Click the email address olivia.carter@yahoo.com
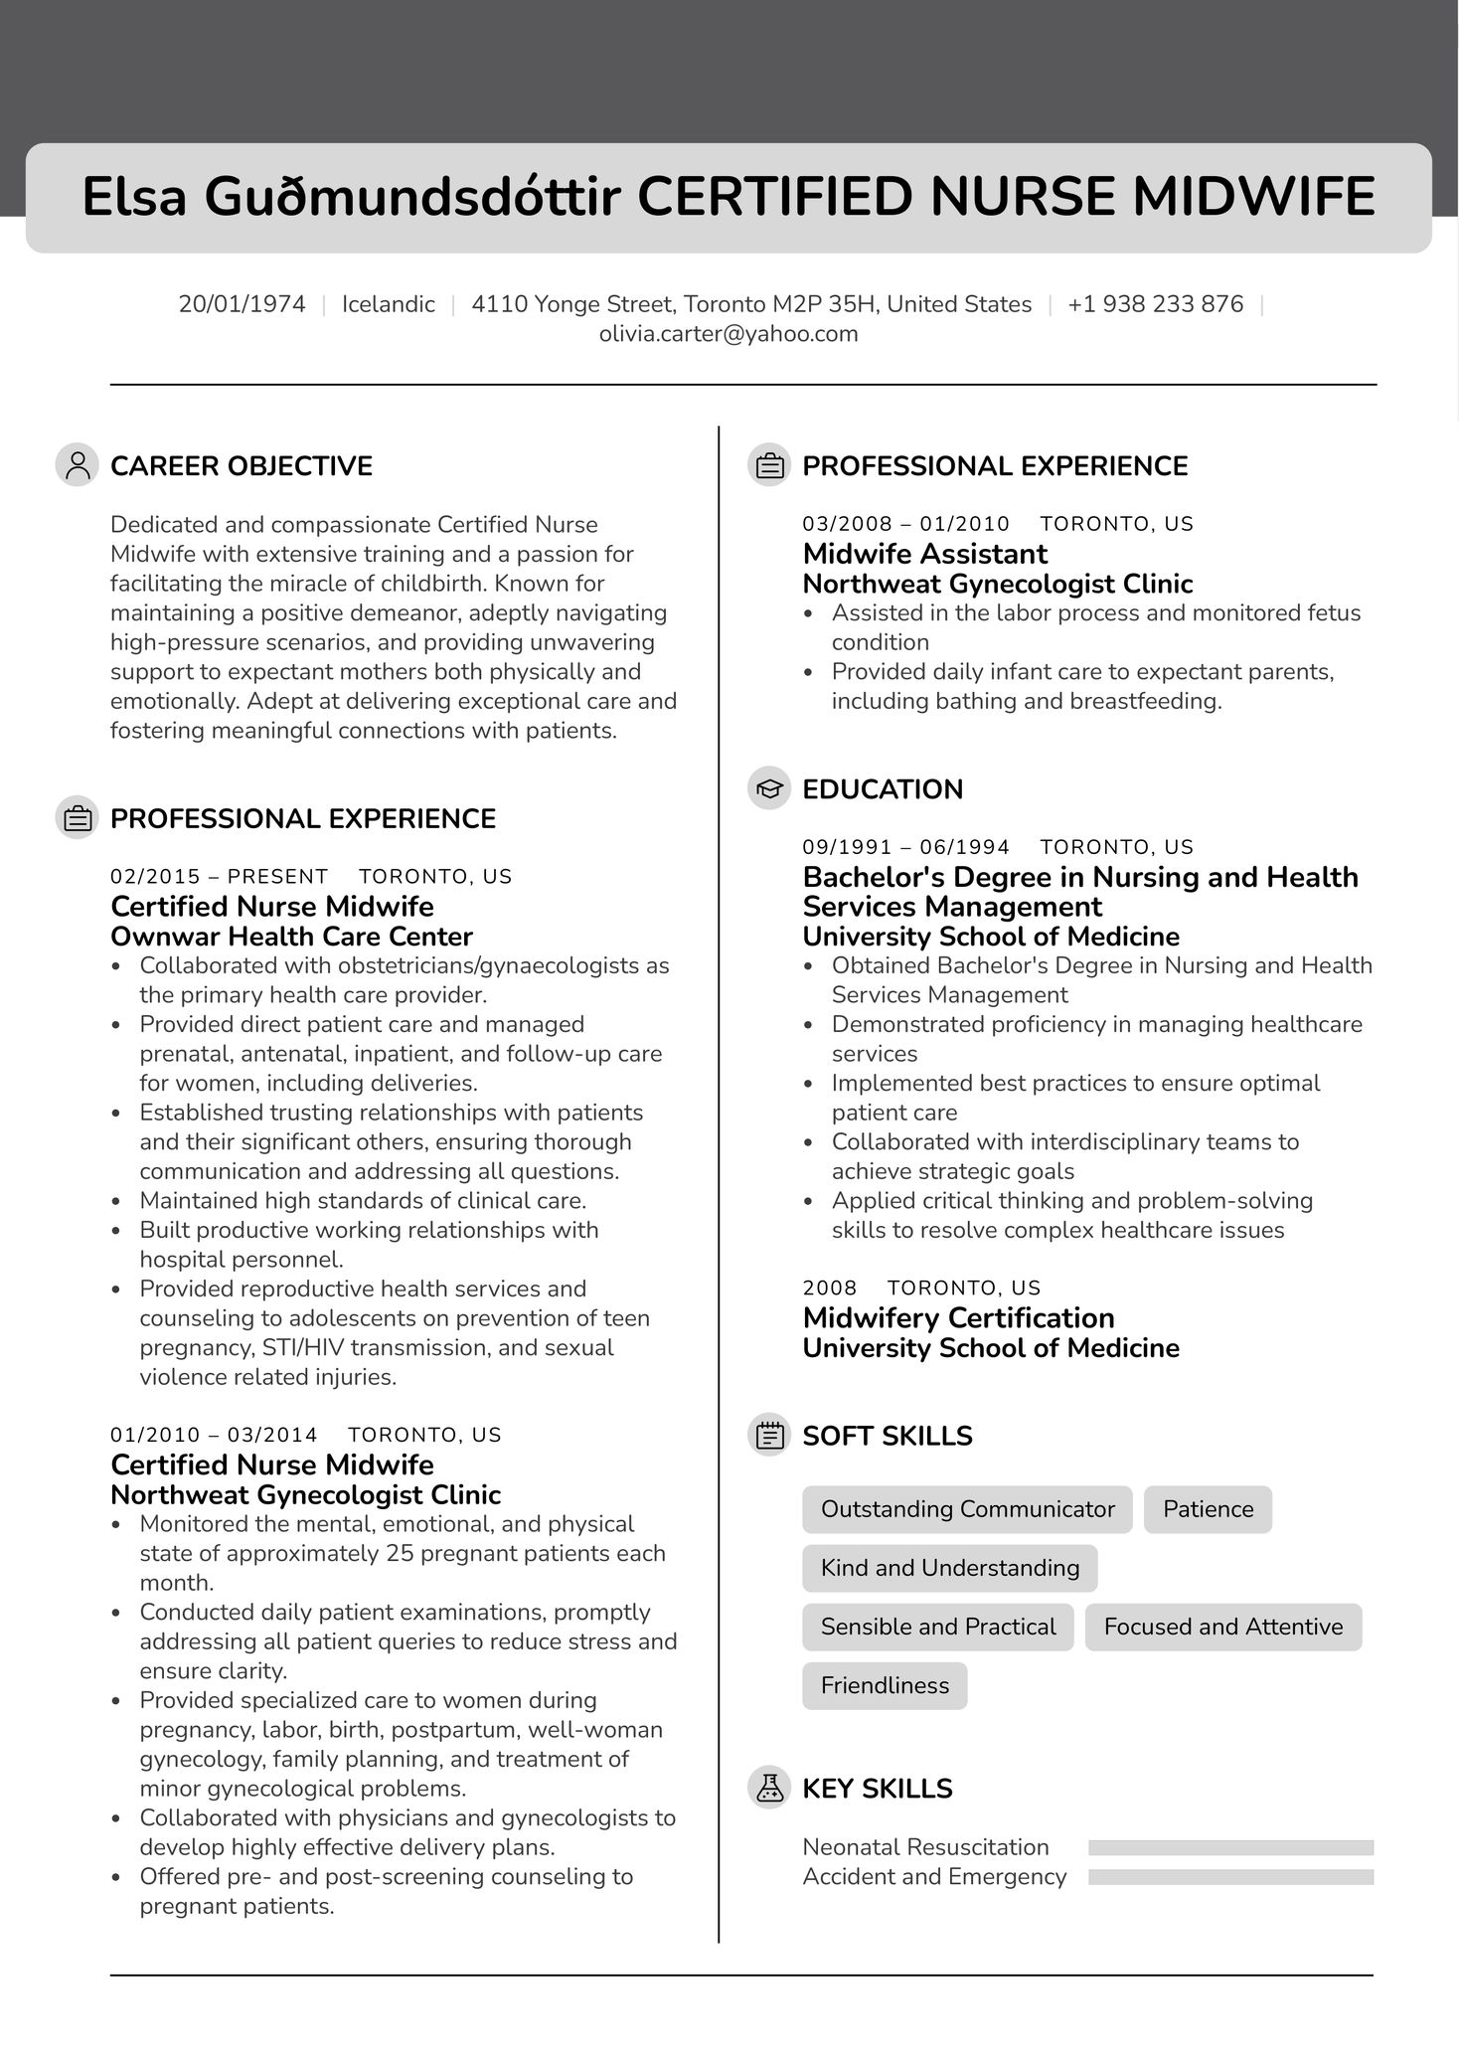click(729, 334)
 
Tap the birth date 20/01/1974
click(242, 304)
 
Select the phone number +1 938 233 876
click(1155, 304)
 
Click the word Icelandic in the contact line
click(388, 304)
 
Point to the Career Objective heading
click(242, 466)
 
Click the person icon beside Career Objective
click(77, 465)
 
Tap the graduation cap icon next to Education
click(768, 789)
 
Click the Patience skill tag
click(1208, 1509)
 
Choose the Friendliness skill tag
click(885, 1685)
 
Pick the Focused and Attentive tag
click(1222, 1627)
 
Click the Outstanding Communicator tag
click(967, 1509)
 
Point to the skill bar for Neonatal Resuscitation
click(1230, 1847)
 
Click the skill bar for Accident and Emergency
click(1230, 1877)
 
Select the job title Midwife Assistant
click(924, 554)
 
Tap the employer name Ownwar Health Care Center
click(291, 937)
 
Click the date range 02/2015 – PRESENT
click(219, 877)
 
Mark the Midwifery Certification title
click(958, 1318)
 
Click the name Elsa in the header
click(134, 197)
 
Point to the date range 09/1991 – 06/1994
click(905, 847)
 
